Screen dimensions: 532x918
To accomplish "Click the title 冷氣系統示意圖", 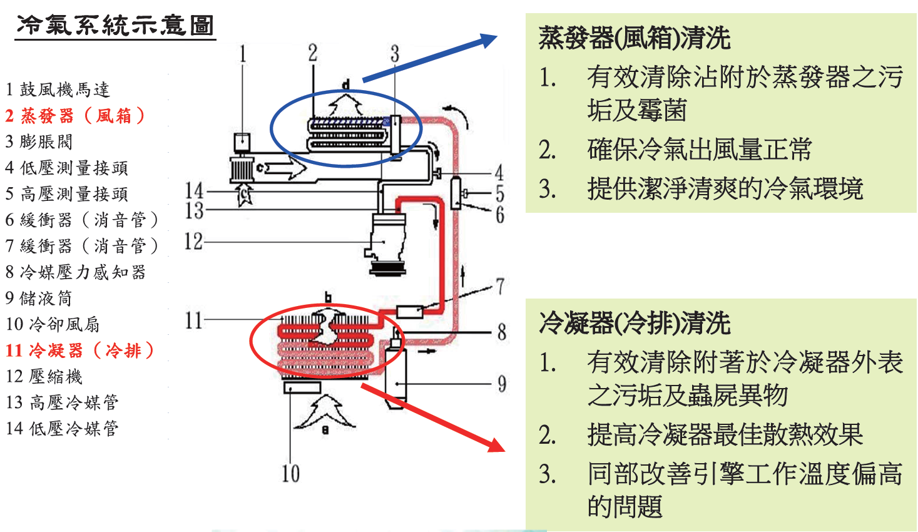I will pyautogui.click(x=115, y=26).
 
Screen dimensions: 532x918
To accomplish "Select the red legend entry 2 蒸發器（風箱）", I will pyautogui.click(x=75, y=116).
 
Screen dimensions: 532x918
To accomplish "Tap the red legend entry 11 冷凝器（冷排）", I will pyautogui.click(x=79, y=350).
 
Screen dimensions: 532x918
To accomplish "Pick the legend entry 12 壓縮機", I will pyautogui.click(x=44, y=376).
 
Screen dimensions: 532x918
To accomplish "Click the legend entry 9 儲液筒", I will pyautogui.click(x=39, y=298).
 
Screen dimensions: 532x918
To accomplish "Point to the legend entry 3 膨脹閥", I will pyautogui.click(x=39, y=141).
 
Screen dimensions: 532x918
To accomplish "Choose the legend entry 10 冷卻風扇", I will pyautogui.click(x=53, y=324).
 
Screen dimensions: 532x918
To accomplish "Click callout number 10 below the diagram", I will pyautogui.click(x=290, y=474).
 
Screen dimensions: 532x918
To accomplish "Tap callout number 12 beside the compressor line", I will pyautogui.click(x=193, y=242).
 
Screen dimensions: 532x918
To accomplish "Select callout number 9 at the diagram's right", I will pyautogui.click(x=502, y=384).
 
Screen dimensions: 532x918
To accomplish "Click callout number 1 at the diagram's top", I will pyautogui.click(x=243, y=54).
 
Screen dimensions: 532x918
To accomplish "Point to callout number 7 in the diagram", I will pyautogui.click(x=500, y=287).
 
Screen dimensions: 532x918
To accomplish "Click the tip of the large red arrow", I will pyautogui.click(x=502, y=450).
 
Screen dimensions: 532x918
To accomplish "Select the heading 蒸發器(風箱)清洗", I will pyautogui.click(x=635, y=38).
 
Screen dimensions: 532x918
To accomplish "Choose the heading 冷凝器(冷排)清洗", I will pyautogui.click(x=635, y=324).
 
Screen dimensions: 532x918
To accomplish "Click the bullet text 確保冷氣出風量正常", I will pyautogui.click(x=699, y=150).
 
